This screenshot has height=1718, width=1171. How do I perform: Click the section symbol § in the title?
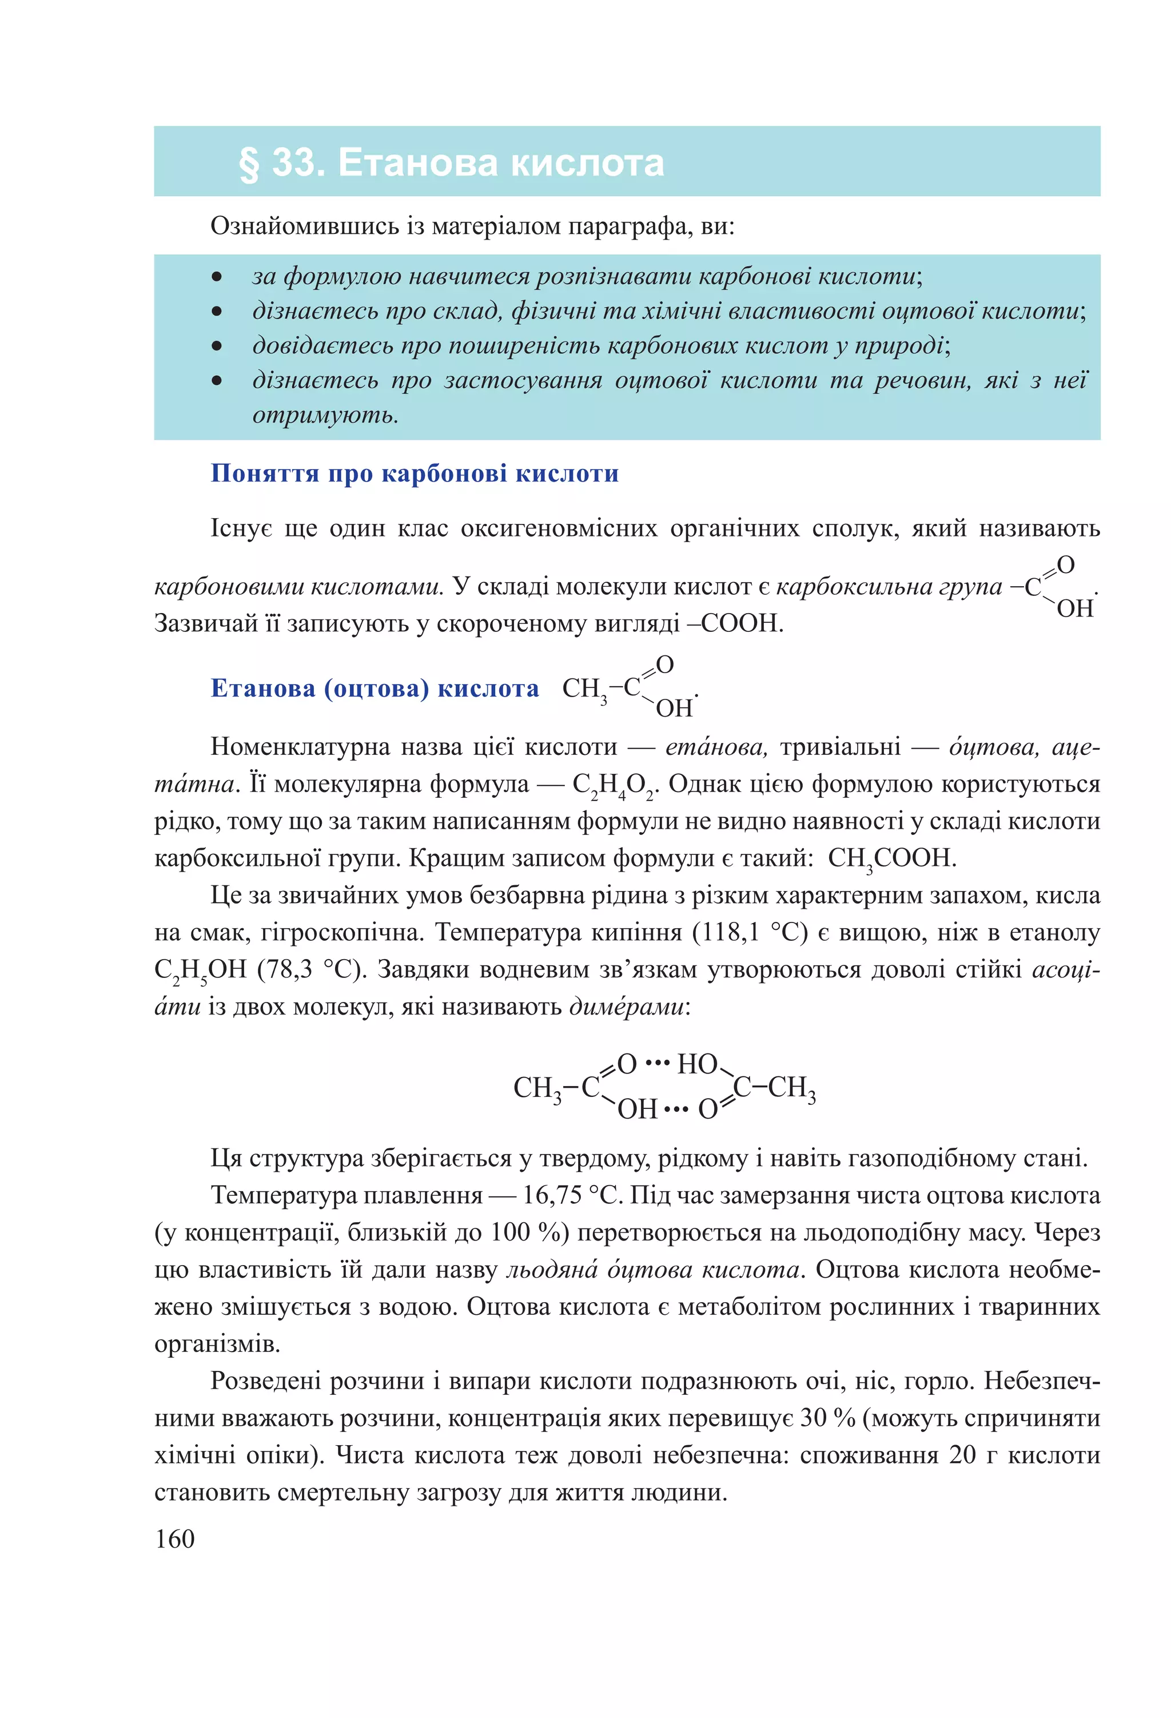(249, 164)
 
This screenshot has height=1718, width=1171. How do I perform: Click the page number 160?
(175, 1538)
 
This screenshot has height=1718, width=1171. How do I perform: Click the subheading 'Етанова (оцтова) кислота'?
(375, 688)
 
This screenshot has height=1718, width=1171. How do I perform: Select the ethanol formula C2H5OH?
(200, 971)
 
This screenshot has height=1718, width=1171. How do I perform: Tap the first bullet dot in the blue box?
(217, 277)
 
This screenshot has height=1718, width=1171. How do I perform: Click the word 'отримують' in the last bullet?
(325, 415)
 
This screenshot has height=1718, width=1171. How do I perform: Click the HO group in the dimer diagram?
(697, 1064)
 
